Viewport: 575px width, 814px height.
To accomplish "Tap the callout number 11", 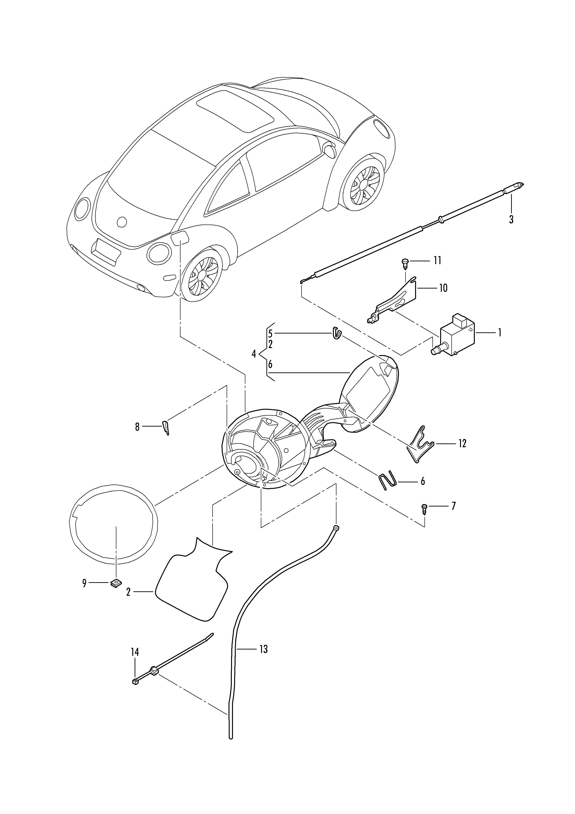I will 437,261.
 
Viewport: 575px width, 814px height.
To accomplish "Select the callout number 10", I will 443,288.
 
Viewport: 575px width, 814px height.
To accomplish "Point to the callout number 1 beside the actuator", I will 500,333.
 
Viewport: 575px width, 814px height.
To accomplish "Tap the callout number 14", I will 135,652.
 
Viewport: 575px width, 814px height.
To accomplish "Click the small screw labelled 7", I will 424,509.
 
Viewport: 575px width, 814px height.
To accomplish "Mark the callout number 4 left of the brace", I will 254,354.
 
